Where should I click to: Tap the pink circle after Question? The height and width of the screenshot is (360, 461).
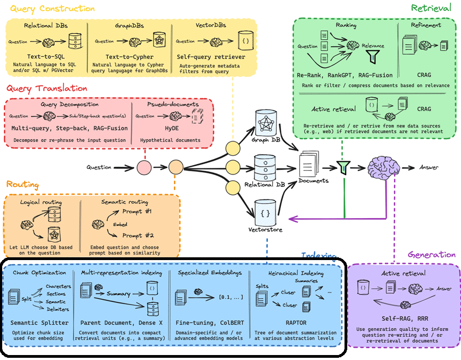click(144, 166)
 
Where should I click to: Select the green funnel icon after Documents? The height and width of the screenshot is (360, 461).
click(343, 166)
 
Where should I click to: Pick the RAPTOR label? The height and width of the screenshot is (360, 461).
click(297, 322)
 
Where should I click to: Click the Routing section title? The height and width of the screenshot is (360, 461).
click(23, 185)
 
